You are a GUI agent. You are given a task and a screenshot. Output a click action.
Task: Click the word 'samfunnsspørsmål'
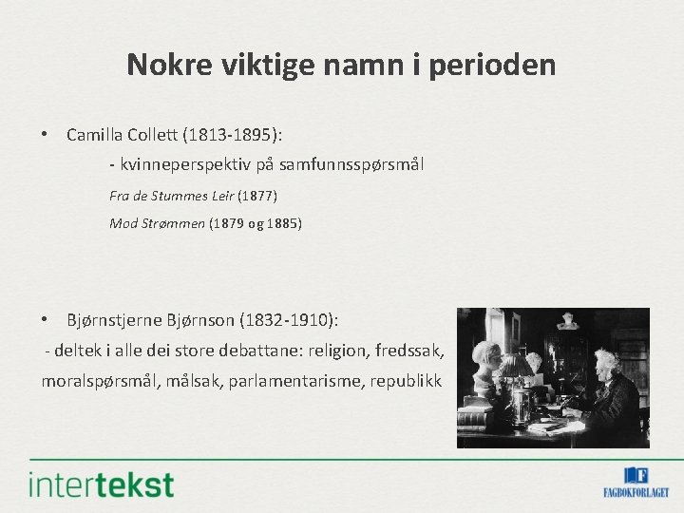coord(360,165)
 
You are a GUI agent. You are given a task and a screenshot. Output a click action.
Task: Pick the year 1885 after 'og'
coord(282,224)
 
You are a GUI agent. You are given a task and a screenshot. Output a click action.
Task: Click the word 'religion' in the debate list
coord(340,350)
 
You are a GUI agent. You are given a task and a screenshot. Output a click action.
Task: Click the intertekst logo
coord(102,484)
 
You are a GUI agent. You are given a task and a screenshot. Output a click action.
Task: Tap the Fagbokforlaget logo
coord(636,482)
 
